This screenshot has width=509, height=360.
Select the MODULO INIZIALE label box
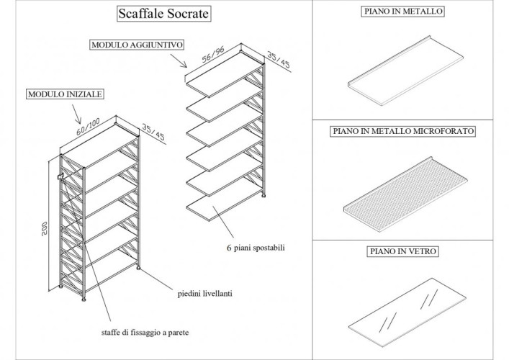[65, 94]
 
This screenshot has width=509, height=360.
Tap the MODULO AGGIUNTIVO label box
[137, 45]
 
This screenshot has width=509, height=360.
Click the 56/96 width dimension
[214, 55]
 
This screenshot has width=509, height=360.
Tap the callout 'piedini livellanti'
[207, 294]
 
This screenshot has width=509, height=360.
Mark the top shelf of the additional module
[225, 81]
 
